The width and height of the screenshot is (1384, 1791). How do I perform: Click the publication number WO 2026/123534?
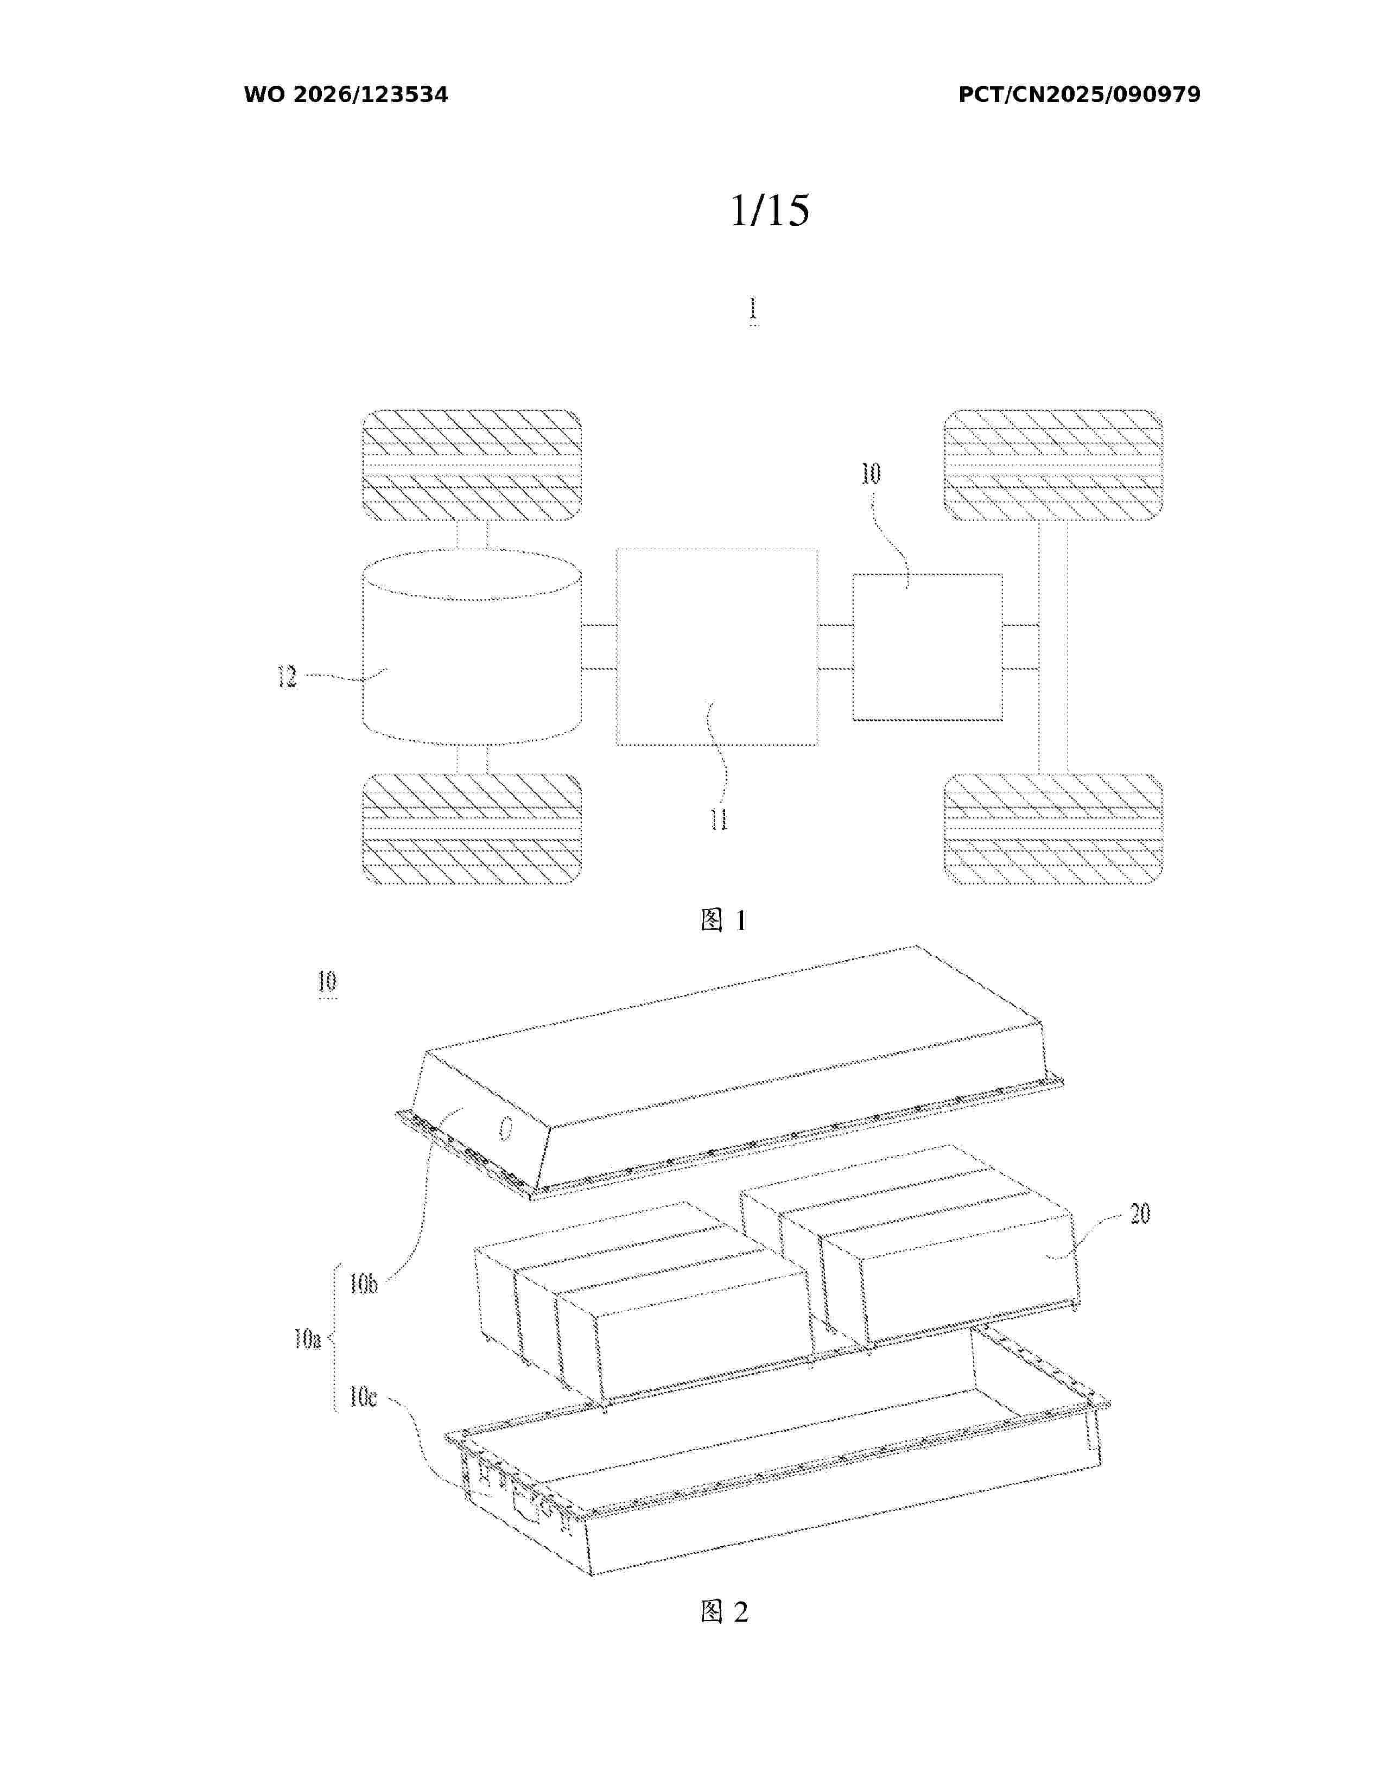(346, 95)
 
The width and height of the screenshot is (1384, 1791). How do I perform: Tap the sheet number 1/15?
(770, 210)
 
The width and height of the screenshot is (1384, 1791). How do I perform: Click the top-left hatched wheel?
(472, 465)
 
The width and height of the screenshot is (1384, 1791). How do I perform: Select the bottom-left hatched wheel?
(472, 829)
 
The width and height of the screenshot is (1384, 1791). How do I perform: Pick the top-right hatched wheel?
(1053, 465)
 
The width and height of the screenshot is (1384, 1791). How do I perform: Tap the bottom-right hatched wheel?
(1053, 829)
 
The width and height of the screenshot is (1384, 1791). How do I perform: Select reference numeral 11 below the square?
(719, 819)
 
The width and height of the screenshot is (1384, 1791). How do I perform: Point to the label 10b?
(363, 1284)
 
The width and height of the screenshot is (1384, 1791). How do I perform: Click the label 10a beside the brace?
(307, 1340)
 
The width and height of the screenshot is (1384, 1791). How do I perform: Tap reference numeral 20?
(1140, 1214)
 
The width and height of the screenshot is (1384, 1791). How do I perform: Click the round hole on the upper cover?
(506, 1129)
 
